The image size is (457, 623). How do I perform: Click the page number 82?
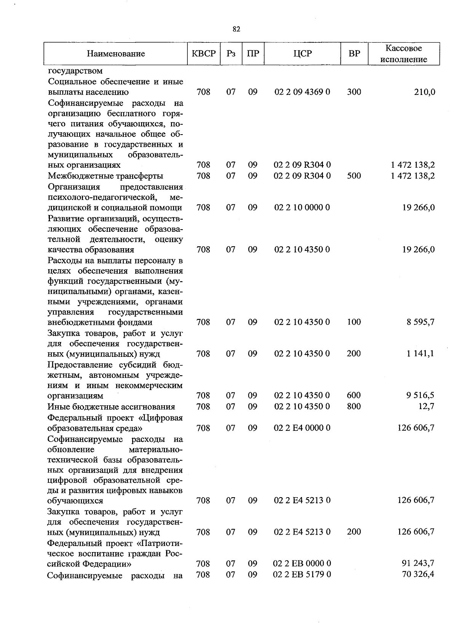(x=236, y=29)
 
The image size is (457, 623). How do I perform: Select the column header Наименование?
(x=116, y=54)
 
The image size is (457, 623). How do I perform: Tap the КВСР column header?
(x=204, y=54)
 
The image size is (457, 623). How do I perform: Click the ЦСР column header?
(x=302, y=54)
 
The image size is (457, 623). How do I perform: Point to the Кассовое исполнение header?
(x=404, y=54)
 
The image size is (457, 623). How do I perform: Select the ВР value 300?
(x=354, y=92)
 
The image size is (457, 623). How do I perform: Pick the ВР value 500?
(x=354, y=176)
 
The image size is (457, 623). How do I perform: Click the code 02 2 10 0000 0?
(x=302, y=207)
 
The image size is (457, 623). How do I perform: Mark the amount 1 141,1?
(x=422, y=353)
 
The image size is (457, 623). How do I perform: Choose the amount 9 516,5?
(x=420, y=395)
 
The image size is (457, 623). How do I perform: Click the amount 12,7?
(x=427, y=406)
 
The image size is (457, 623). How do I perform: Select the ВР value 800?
(x=354, y=406)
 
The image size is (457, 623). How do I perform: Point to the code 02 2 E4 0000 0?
(x=302, y=428)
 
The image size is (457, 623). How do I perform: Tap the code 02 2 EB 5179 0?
(x=302, y=574)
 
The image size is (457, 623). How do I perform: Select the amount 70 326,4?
(x=418, y=574)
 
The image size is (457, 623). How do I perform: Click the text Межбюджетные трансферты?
(x=105, y=176)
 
